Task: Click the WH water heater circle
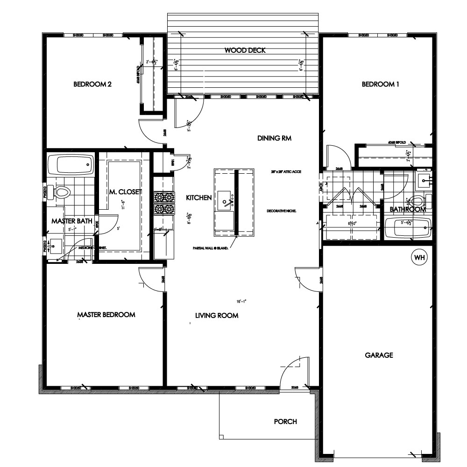(x=418, y=257)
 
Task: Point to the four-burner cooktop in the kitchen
(x=164, y=203)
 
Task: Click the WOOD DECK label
(x=245, y=50)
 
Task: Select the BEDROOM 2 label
(x=92, y=85)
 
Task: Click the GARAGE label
(x=379, y=355)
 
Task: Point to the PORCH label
(x=285, y=421)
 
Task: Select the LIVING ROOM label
(x=217, y=316)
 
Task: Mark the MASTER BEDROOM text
(x=106, y=315)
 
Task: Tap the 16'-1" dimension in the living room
(x=241, y=301)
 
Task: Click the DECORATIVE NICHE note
(x=282, y=211)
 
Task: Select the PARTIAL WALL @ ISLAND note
(x=209, y=248)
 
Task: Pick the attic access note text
(x=286, y=172)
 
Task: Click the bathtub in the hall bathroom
(x=411, y=229)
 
